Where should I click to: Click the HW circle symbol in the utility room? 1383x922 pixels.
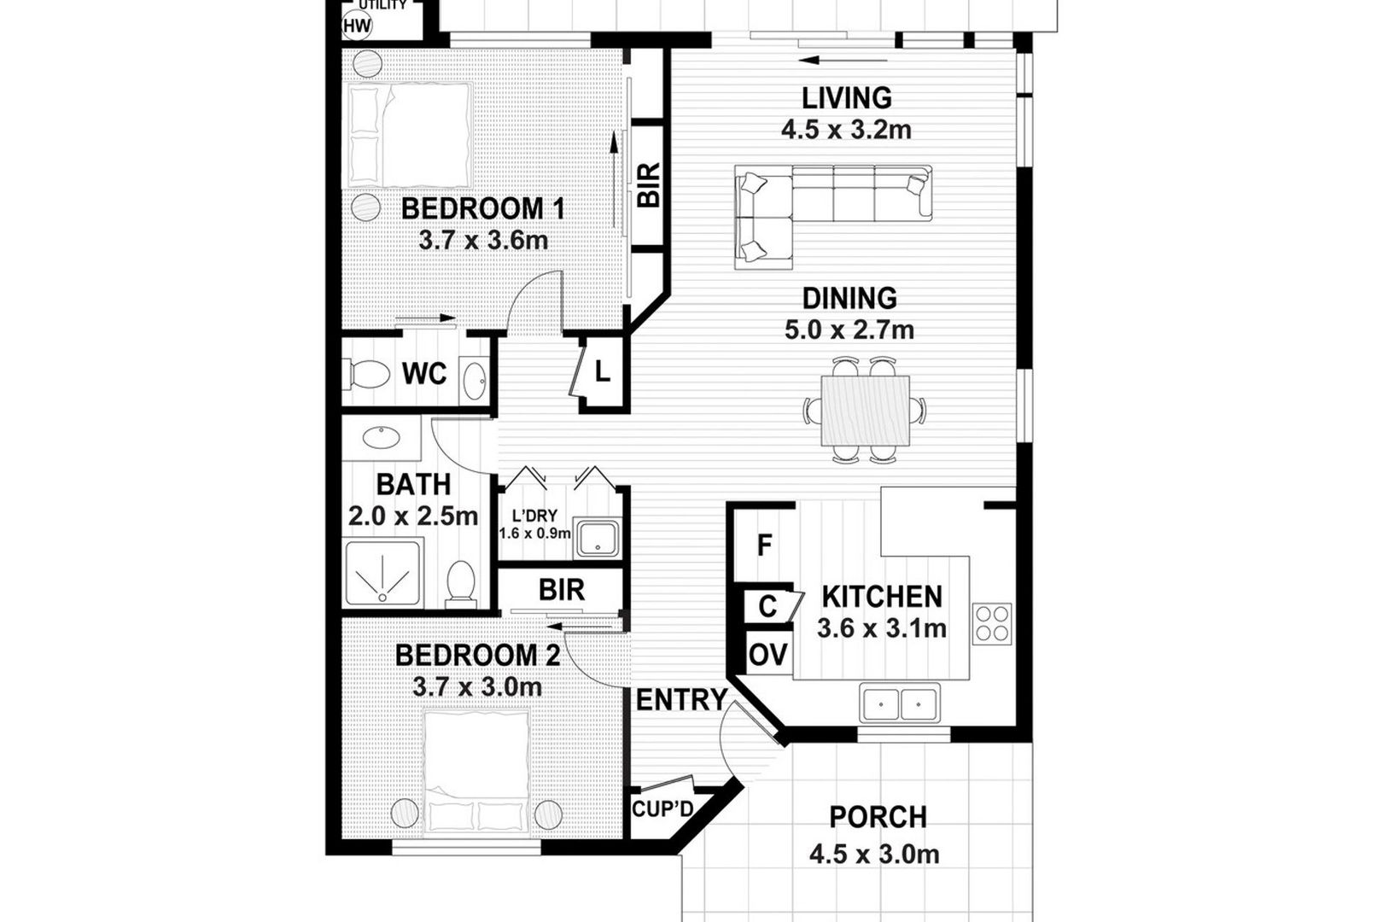[357, 26]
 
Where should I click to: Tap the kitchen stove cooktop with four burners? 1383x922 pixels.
[991, 624]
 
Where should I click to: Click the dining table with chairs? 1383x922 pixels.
[864, 410]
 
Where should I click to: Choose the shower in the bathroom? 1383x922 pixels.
[382, 573]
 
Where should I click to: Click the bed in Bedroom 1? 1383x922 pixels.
[411, 135]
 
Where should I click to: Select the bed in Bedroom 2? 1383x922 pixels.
[476, 773]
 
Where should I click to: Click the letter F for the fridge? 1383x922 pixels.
[764, 546]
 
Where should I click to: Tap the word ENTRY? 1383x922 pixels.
[681, 700]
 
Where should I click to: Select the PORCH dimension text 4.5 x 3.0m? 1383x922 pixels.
[874, 855]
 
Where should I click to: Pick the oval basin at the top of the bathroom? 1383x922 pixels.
[381, 437]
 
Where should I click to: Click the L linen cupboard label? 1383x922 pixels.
[603, 371]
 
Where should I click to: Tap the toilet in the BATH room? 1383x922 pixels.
[461, 581]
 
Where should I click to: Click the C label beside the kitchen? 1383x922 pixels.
[767, 606]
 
